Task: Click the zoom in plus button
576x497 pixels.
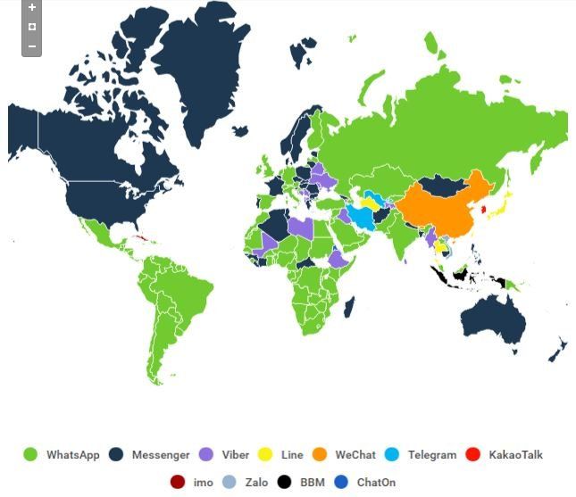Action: click(32, 7)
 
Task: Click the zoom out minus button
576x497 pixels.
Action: click(32, 46)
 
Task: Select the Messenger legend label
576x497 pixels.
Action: click(161, 455)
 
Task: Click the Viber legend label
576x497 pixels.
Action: click(236, 455)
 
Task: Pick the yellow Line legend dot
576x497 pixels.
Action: click(265, 455)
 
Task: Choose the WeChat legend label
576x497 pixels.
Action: click(355, 455)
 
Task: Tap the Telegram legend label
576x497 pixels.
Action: click(432, 455)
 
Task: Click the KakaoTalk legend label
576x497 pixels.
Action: click(515, 455)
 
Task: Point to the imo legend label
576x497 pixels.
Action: click(203, 483)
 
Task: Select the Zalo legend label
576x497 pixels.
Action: click(256, 483)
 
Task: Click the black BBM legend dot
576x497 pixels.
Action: click(285, 483)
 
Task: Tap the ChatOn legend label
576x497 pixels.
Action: click(376, 483)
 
